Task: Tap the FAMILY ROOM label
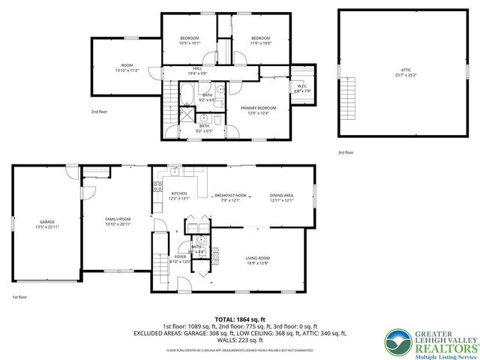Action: point(118,218)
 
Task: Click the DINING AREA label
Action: point(281,193)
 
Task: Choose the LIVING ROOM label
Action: point(257,259)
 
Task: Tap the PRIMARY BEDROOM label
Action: point(254,108)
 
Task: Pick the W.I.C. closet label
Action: point(301,86)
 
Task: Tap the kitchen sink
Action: point(173,171)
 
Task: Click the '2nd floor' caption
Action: point(100,112)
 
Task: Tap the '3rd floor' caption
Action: point(346,152)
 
